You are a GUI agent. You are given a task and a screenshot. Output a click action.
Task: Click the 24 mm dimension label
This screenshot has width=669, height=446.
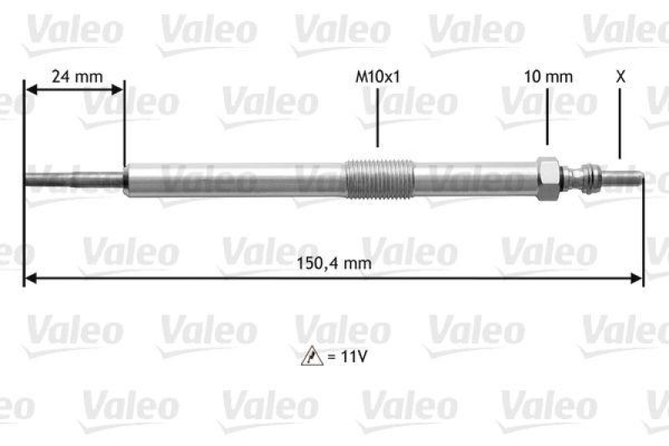click(77, 76)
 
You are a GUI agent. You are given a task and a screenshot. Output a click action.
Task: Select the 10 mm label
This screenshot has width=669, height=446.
click(548, 76)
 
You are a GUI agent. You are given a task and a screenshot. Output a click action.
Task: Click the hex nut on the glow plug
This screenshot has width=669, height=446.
click(549, 178)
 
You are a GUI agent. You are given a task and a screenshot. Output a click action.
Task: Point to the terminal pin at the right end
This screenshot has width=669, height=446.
click(625, 178)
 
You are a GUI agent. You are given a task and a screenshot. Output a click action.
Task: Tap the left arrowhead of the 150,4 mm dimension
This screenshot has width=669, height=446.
click(30, 278)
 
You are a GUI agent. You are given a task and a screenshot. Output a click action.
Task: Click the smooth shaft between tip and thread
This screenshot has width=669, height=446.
click(234, 177)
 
